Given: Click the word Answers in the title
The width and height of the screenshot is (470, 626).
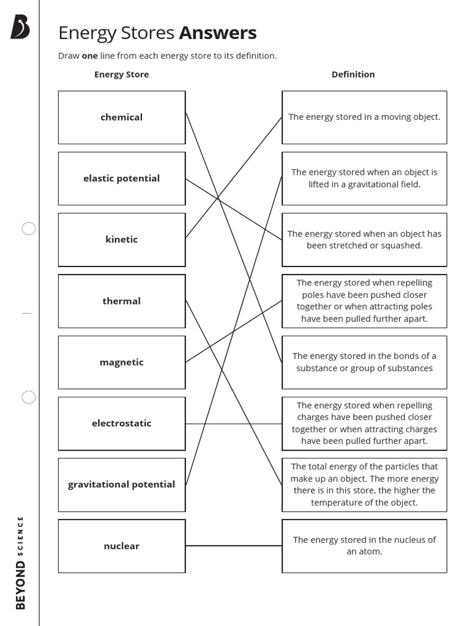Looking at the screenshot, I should click(x=218, y=32).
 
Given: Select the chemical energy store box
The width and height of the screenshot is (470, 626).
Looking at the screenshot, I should click(x=122, y=117).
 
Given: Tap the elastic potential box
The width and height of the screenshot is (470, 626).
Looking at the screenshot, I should click(x=122, y=179).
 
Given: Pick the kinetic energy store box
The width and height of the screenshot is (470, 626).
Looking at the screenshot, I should click(x=122, y=240).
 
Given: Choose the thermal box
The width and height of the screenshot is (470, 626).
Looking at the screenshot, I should click(x=122, y=301).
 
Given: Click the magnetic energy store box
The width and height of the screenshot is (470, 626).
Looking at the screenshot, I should click(x=122, y=362).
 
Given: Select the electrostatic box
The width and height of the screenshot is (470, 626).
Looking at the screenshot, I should click(x=122, y=423).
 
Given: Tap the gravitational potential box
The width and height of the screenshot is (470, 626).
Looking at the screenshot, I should click(x=122, y=484).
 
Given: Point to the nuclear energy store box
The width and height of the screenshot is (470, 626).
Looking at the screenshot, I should click(x=122, y=546).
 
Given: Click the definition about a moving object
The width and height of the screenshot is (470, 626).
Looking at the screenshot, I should click(x=364, y=117).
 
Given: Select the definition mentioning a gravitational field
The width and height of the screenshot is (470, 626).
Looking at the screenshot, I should click(x=364, y=179).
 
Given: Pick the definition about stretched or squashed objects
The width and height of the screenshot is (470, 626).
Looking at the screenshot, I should click(x=364, y=240).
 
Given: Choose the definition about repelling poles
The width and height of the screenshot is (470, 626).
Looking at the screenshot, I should click(x=364, y=301).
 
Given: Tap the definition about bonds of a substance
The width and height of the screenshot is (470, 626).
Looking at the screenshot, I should click(x=364, y=362).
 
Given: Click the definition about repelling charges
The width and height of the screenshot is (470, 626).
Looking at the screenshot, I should click(x=364, y=423).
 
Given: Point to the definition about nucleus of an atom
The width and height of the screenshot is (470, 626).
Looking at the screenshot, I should click(x=364, y=545).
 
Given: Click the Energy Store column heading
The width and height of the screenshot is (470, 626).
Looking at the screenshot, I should click(x=121, y=75).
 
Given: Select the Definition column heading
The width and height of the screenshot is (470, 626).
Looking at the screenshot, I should click(x=353, y=75).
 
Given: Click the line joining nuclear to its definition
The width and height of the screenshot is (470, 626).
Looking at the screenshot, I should click(x=233, y=545).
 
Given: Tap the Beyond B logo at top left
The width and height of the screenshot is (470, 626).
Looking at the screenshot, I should click(x=20, y=27).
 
